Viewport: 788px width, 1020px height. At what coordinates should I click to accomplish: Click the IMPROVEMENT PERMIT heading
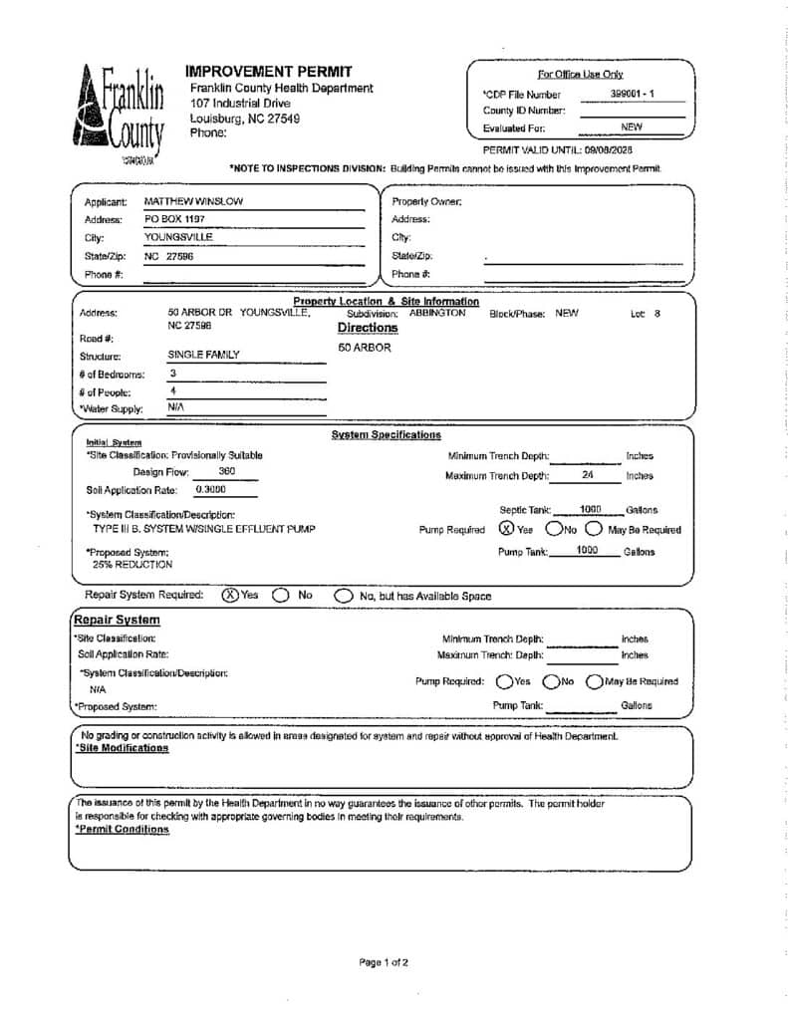(x=268, y=71)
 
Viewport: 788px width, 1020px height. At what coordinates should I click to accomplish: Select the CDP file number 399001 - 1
(x=632, y=94)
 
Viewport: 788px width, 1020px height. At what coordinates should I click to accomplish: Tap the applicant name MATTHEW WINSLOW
(x=193, y=201)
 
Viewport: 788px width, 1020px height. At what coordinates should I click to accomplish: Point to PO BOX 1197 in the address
(x=174, y=219)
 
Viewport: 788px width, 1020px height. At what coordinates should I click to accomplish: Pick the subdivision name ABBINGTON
(x=436, y=313)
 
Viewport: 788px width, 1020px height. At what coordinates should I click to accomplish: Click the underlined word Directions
(x=367, y=328)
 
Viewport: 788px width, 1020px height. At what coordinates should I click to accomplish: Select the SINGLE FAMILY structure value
(x=203, y=355)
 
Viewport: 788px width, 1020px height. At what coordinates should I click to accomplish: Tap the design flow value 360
(x=226, y=472)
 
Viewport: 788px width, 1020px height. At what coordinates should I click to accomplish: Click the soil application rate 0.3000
(x=209, y=490)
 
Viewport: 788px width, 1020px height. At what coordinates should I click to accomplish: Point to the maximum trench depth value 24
(x=587, y=475)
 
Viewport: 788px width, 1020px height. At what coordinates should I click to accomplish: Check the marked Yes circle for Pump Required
(x=506, y=529)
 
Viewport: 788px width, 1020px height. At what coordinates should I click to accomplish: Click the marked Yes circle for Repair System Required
(x=230, y=595)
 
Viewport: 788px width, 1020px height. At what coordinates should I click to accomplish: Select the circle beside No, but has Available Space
(x=343, y=596)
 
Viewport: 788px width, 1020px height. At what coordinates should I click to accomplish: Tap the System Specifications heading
(x=386, y=435)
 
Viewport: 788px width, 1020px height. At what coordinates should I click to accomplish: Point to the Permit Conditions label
(x=122, y=830)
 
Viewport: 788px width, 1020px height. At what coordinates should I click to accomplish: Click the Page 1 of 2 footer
(x=384, y=962)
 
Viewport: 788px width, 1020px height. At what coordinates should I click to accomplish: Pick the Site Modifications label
(x=122, y=748)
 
